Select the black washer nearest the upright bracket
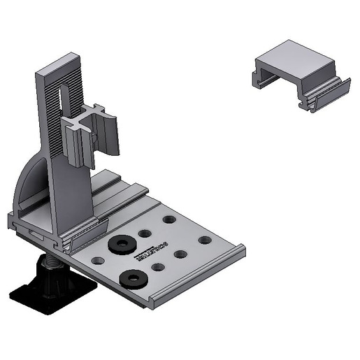[x=122, y=244]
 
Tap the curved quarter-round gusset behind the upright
[x=31, y=185]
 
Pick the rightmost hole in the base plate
[x=204, y=240]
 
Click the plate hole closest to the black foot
[x=97, y=260]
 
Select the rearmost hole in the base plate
[x=169, y=219]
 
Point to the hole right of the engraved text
[x=180, y=254]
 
